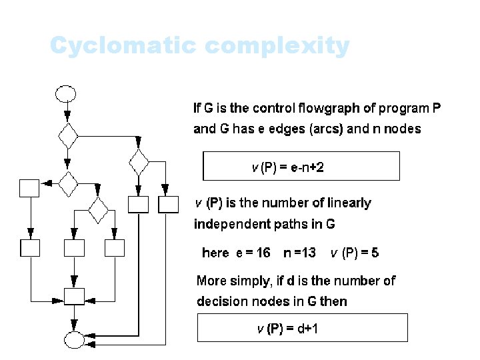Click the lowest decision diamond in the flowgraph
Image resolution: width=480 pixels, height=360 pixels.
pos(98,210)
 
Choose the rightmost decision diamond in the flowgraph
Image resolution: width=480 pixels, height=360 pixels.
pos(139,161)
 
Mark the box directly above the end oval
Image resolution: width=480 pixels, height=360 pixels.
pos(73,295)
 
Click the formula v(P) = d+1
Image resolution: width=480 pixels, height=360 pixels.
pos(291,328)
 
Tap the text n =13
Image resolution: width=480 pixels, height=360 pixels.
pos(299,253)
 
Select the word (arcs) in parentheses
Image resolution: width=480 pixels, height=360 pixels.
pos(324,129)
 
